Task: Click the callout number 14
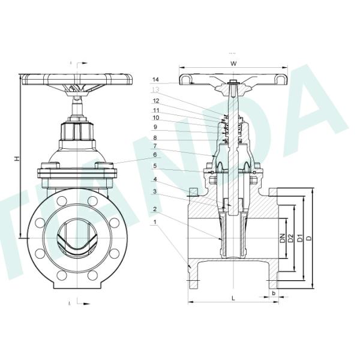[x=155, y=79]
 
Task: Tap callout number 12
[x=155, y=101]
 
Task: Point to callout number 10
[x=155, y=118]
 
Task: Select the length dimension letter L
[x=232, y=297]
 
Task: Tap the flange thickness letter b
[x=274, y=293]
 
